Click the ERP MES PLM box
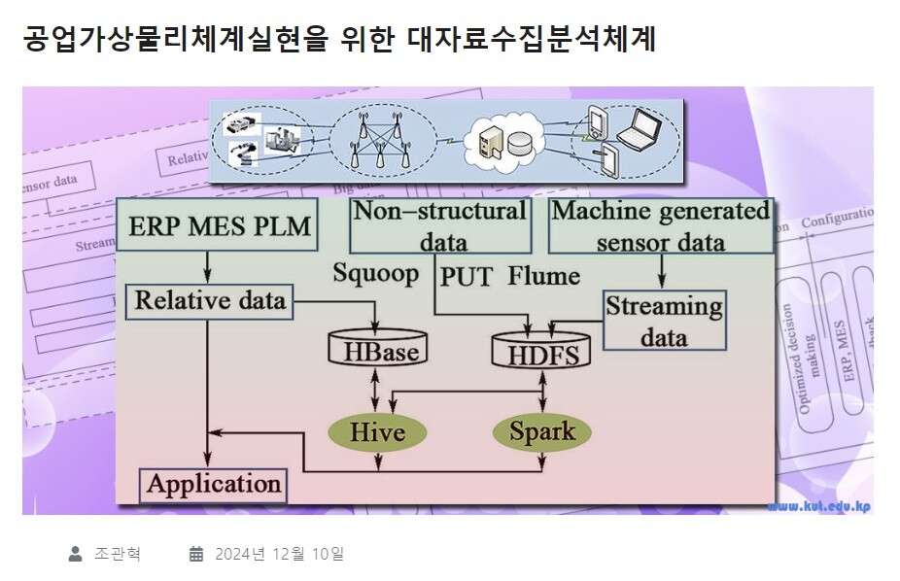coord(220,227)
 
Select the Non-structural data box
coord(439,226)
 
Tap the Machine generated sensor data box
coord(661,226)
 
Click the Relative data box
coord(210,300)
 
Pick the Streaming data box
coord(664,322)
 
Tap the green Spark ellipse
coord(541,430)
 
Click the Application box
coord(214,484)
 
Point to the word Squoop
coord(375,273)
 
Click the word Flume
coord(543,276)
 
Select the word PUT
coord(467,276)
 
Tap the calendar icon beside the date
coord(196,555)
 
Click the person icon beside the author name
coord(75,555)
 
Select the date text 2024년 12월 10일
coord(279,555)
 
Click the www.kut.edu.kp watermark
coord(817,506)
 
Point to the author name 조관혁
coord(118,555)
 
